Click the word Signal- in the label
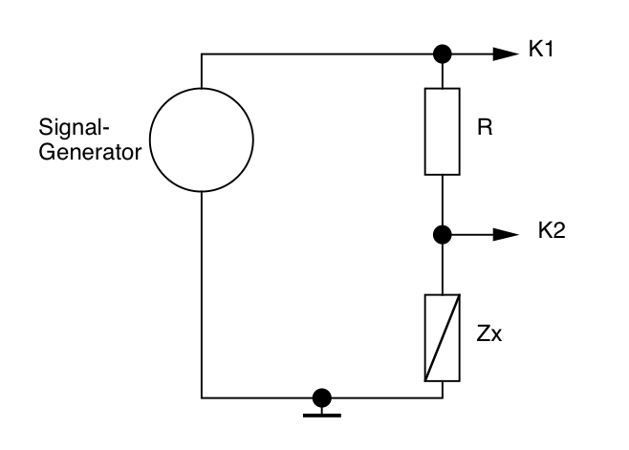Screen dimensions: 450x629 click(65, 128)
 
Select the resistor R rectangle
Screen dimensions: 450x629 click(442, 132)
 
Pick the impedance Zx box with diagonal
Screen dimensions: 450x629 click(442, 338)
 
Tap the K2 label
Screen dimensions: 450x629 click(552, 232)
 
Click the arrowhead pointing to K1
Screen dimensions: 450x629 click(505, 54)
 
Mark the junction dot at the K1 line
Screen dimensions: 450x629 click(442, 54)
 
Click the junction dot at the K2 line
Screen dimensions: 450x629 click(442, 233)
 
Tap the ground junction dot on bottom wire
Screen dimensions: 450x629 click(322, 396)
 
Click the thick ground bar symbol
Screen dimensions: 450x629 click(322, 413)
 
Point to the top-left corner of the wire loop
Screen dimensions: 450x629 click(203, 54)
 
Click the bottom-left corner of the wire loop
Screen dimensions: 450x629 click(203, 396)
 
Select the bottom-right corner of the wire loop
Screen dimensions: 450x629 click(442, 396)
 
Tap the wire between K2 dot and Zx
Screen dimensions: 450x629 click(442, 268)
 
